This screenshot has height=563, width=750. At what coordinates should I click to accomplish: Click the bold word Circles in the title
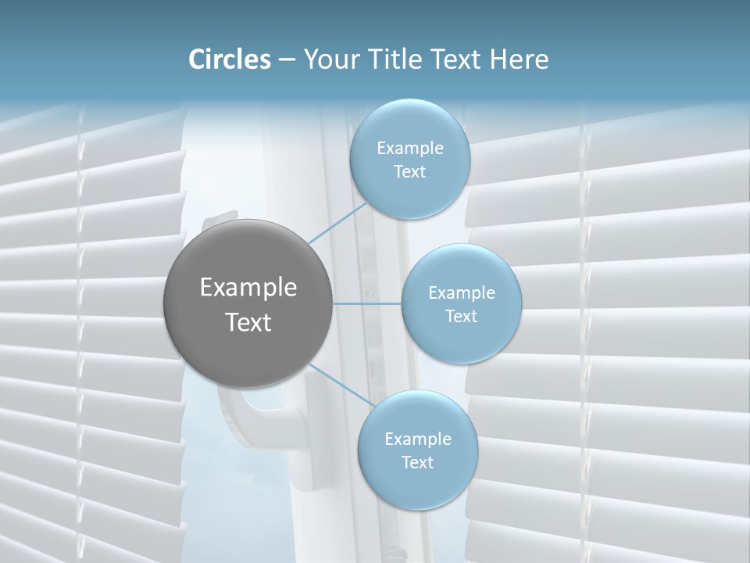(230, 59)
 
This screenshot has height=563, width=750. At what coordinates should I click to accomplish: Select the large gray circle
(248, 303)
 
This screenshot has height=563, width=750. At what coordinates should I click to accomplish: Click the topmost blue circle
(409, 160)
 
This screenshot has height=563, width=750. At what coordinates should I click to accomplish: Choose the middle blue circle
(461, 303)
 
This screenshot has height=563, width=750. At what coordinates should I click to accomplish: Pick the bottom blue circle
(417, 450)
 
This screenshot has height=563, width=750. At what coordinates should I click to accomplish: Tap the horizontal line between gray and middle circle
(366, 303)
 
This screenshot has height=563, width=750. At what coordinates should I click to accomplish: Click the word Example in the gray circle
(248, 288)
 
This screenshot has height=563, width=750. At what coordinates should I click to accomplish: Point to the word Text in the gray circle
(248, 322)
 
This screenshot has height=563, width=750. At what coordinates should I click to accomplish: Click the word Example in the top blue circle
(410, 149)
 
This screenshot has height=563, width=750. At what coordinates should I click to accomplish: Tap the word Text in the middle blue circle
(461, 316)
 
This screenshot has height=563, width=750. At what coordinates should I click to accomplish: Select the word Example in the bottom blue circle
(418, 439)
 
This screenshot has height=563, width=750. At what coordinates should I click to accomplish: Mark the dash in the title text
(287, 60)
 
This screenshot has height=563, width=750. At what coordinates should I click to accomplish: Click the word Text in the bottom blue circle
(417, 462)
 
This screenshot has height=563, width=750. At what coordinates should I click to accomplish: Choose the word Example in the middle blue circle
(462, 293)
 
